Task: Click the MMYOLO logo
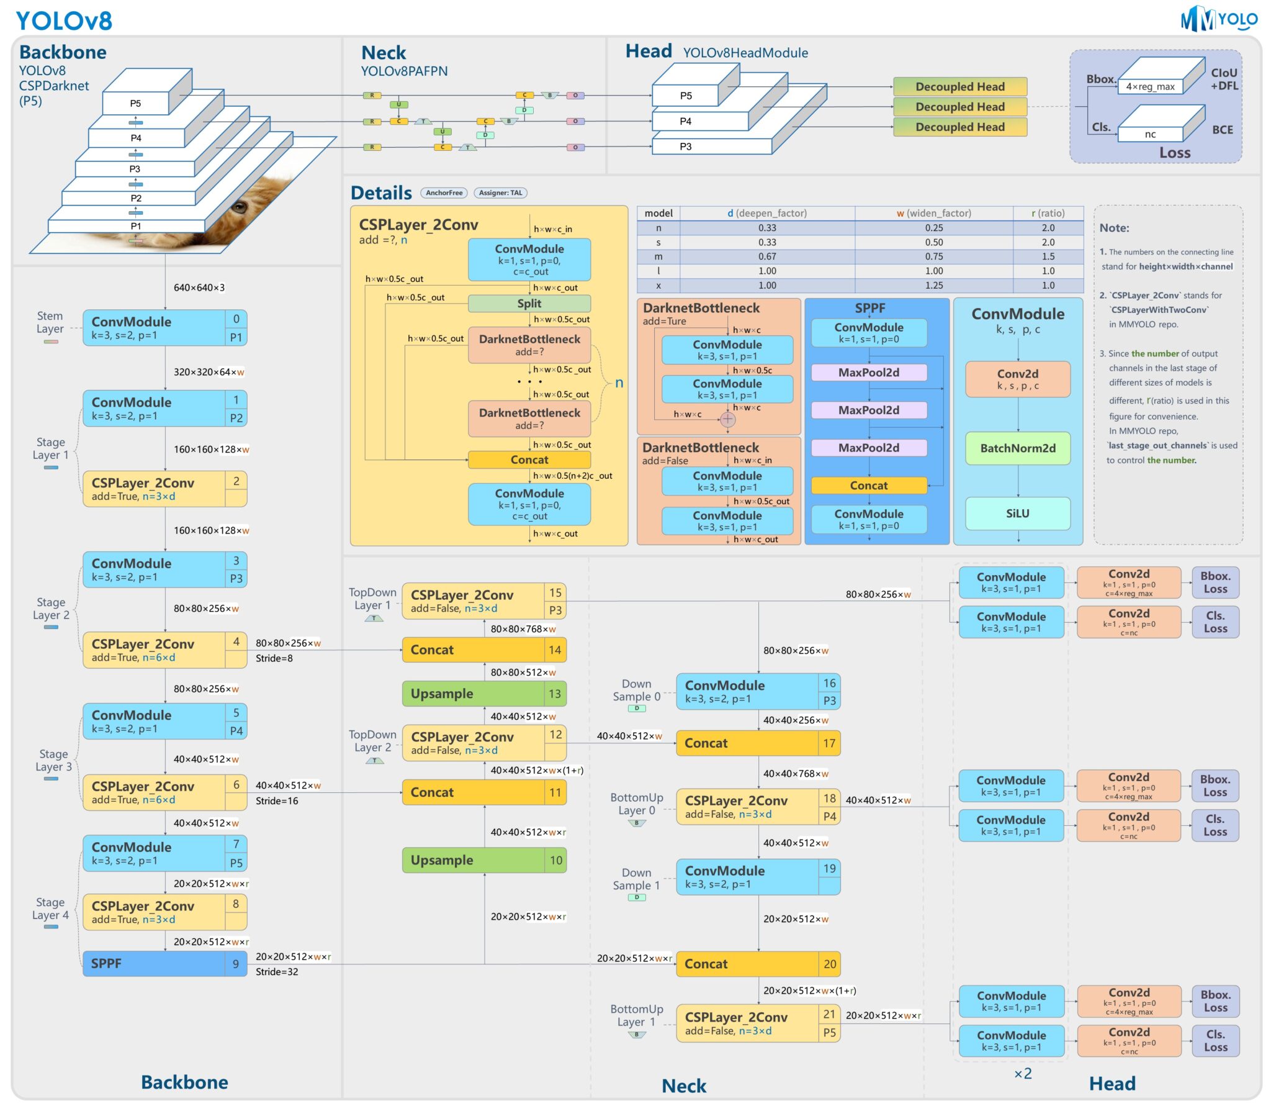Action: point(1218,19)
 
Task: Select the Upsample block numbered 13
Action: point(483,693)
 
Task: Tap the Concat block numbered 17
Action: point(757,743)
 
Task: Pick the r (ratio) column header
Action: point(1048,213)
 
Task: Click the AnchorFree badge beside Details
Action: point(444,193)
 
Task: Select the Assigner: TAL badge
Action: point(500,193)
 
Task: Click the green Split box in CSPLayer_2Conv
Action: point(529,303)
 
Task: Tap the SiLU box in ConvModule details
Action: point(1017,513)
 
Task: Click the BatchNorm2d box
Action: point(1017,448)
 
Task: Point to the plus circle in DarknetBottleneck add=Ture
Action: point(727,419)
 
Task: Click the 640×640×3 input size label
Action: point(199,288)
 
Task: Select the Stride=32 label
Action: point(277,971)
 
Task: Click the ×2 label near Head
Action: point(1022,1073)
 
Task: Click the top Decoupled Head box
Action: point(959,86)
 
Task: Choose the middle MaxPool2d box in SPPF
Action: point(868,410)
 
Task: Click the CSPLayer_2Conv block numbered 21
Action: point(757,1023)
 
